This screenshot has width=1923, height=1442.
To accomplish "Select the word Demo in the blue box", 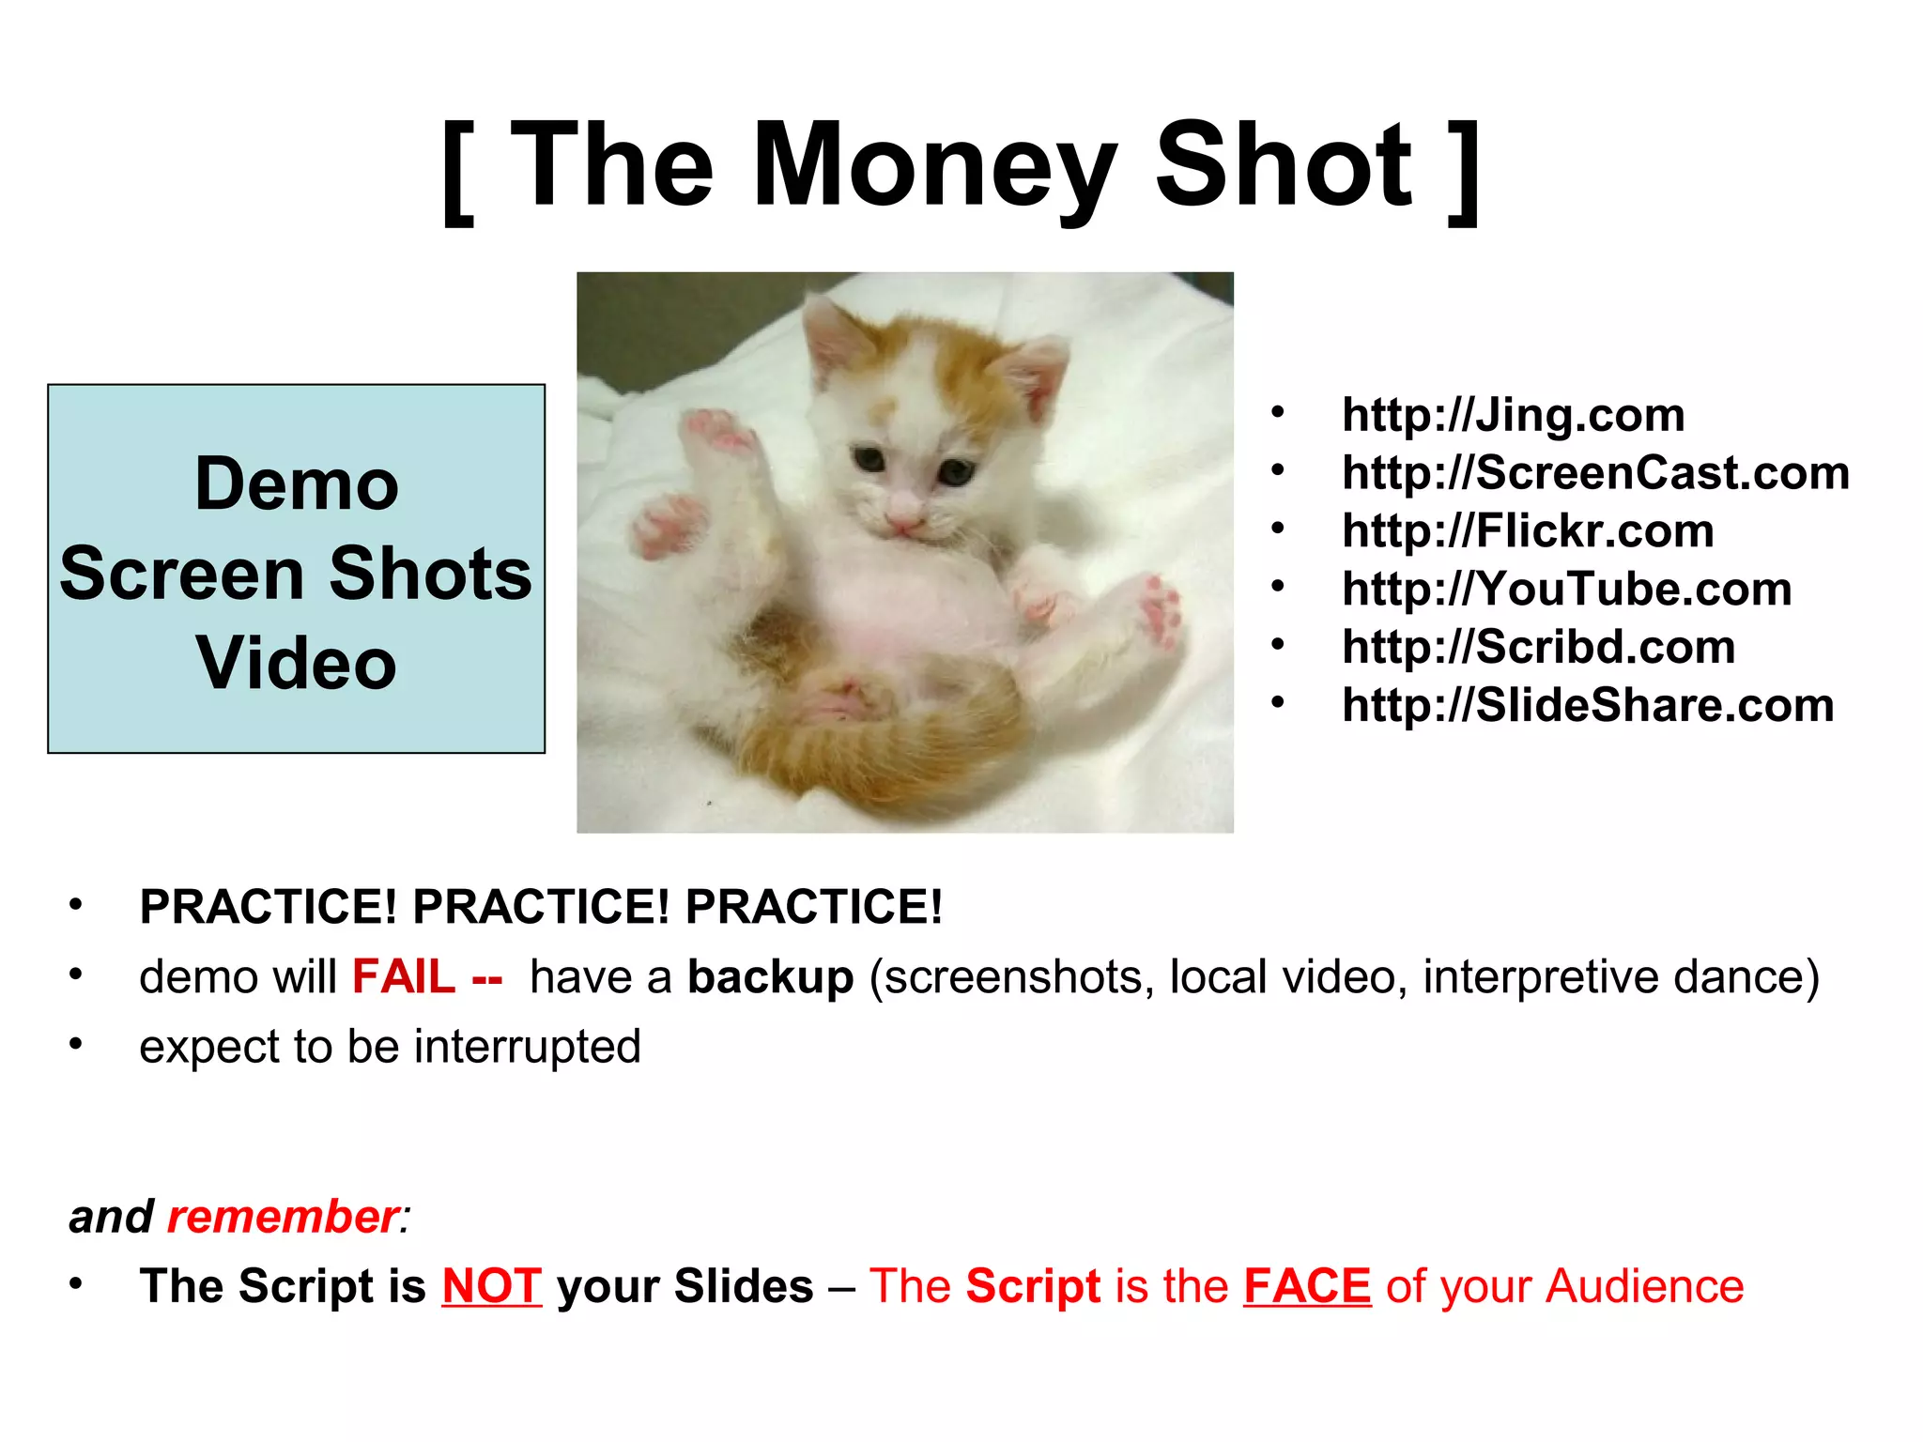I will pos(297,484).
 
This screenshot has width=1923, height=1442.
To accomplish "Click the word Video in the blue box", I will pos(297,663).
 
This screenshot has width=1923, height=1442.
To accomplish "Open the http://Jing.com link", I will pos(1513,415).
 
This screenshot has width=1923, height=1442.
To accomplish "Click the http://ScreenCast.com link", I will pos(1595,473).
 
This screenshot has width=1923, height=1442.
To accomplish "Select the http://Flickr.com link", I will pos(1528,531).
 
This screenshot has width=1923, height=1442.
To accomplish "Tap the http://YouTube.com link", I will pos(1566,590).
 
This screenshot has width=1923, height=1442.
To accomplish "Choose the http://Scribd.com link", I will pos(1538,648).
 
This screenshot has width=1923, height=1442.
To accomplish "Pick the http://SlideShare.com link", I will pos(1588,706).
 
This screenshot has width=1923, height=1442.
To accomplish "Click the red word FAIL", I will pos(404,977).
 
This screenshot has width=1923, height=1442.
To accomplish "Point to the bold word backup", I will pos(770,977).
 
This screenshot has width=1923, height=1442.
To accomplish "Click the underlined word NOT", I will pos(492,1286).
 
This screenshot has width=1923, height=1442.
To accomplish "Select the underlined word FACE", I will pos(1307,1286).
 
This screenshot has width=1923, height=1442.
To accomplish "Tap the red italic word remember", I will pos(283,1217).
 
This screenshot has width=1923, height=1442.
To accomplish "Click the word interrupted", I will pos(527,1047).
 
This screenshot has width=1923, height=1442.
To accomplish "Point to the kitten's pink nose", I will pos(903,515).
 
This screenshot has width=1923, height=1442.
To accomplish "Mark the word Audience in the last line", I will pos(1645,1286).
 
